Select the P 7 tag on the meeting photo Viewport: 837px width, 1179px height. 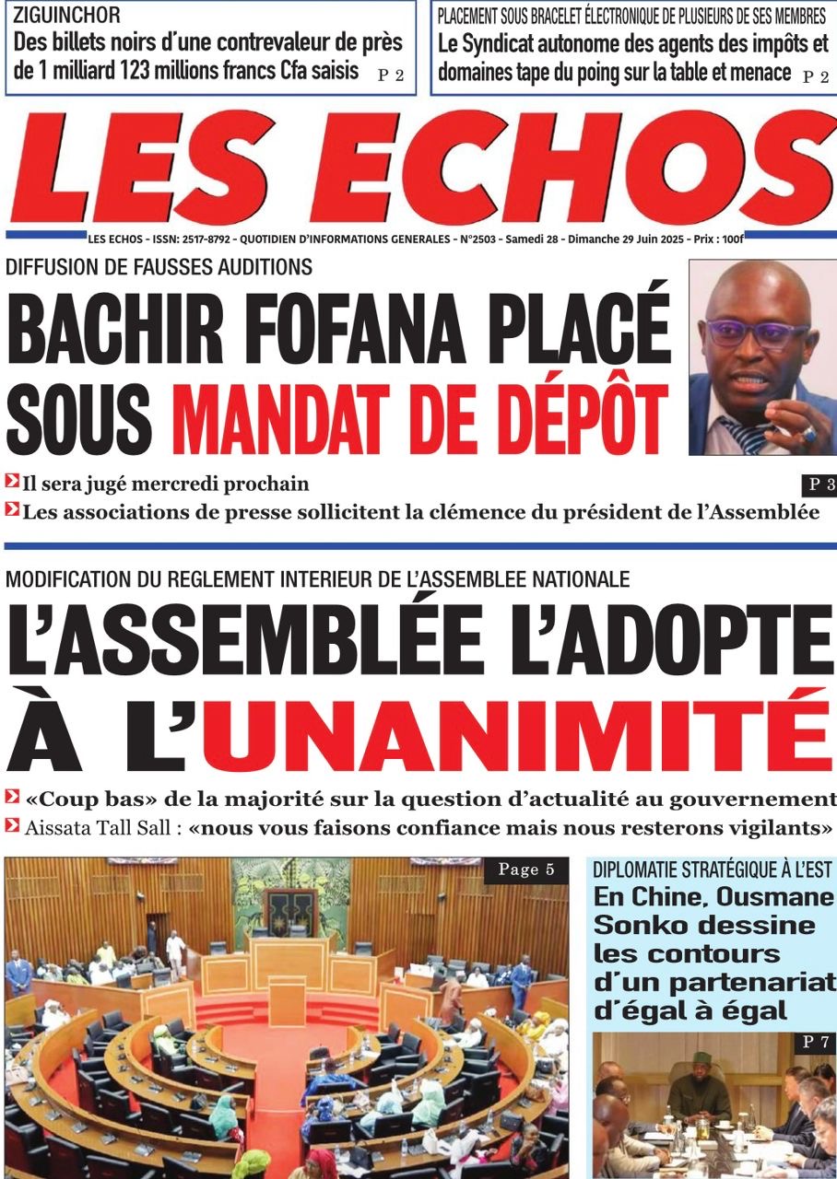pos(815,1043)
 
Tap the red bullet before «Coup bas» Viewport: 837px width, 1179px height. pos(12,797)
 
